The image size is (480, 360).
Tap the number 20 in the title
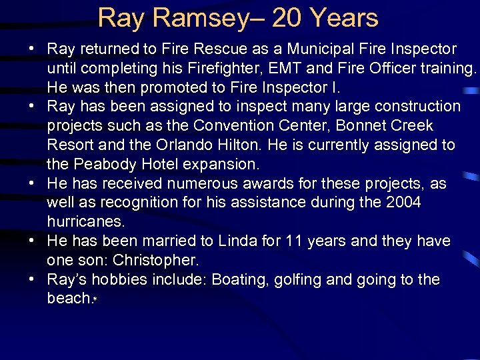click(287, 18)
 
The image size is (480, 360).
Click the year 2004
click(403, 203)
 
